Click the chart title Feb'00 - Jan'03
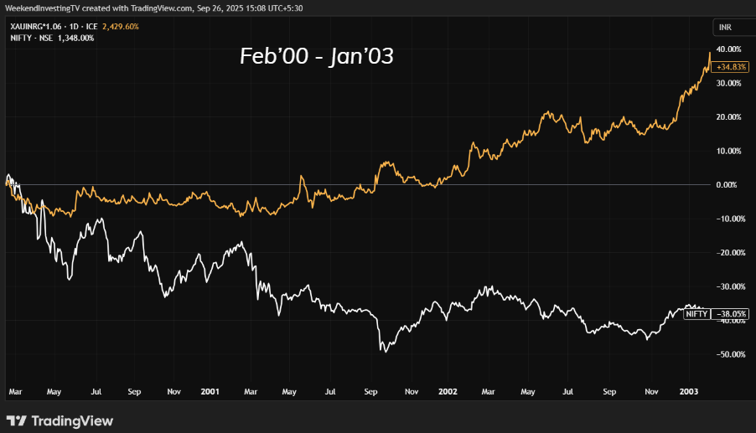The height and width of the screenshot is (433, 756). [316, 57]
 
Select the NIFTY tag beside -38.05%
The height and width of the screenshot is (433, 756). [696, 314]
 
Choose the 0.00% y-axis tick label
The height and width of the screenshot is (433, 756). [729, 184]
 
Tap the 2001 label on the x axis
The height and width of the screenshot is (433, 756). [210, 391]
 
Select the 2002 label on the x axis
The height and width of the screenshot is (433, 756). [448, 391]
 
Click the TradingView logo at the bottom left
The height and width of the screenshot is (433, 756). [60, 420]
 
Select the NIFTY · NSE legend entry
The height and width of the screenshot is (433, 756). [28, 38]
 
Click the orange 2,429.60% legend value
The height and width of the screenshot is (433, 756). [120, 27]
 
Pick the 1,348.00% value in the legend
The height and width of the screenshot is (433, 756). [75, 38]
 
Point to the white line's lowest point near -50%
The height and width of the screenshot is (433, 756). [385, 351]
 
